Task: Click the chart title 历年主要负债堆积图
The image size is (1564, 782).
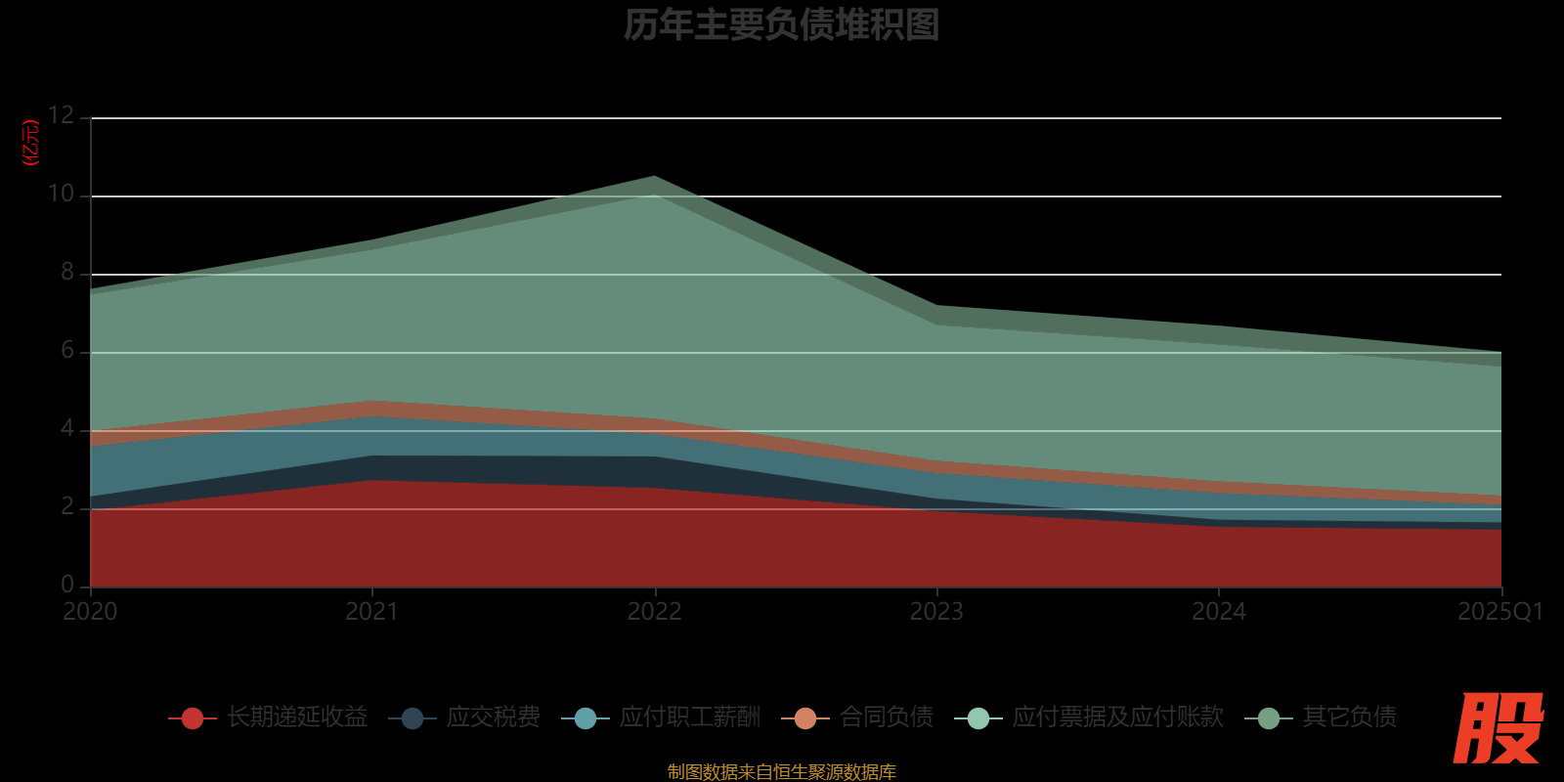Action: [x=781, y=24]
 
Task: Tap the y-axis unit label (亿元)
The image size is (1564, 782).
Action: [x=31, y=143]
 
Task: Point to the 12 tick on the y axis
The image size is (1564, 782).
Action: [x=61, y=115]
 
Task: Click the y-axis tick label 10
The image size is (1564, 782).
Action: [x=61, y=194]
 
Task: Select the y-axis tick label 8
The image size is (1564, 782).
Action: [x=67, y=272]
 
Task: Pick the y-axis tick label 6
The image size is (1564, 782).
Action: [x=67, y=350]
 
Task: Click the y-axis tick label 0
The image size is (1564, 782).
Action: [x=67, y=585]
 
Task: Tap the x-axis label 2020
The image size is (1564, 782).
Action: [x=90, y=612]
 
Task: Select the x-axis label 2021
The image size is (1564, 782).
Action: [x=371, y=612]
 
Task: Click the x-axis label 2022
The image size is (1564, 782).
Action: [x=654, y=612]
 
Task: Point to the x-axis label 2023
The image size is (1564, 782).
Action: [x=936, y=612]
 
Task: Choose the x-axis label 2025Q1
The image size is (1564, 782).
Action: [x=1499, y=612]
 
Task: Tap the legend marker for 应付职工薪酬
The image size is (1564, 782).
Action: [x=586, y=718]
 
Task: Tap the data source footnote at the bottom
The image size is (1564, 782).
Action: [x=781, y=772]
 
